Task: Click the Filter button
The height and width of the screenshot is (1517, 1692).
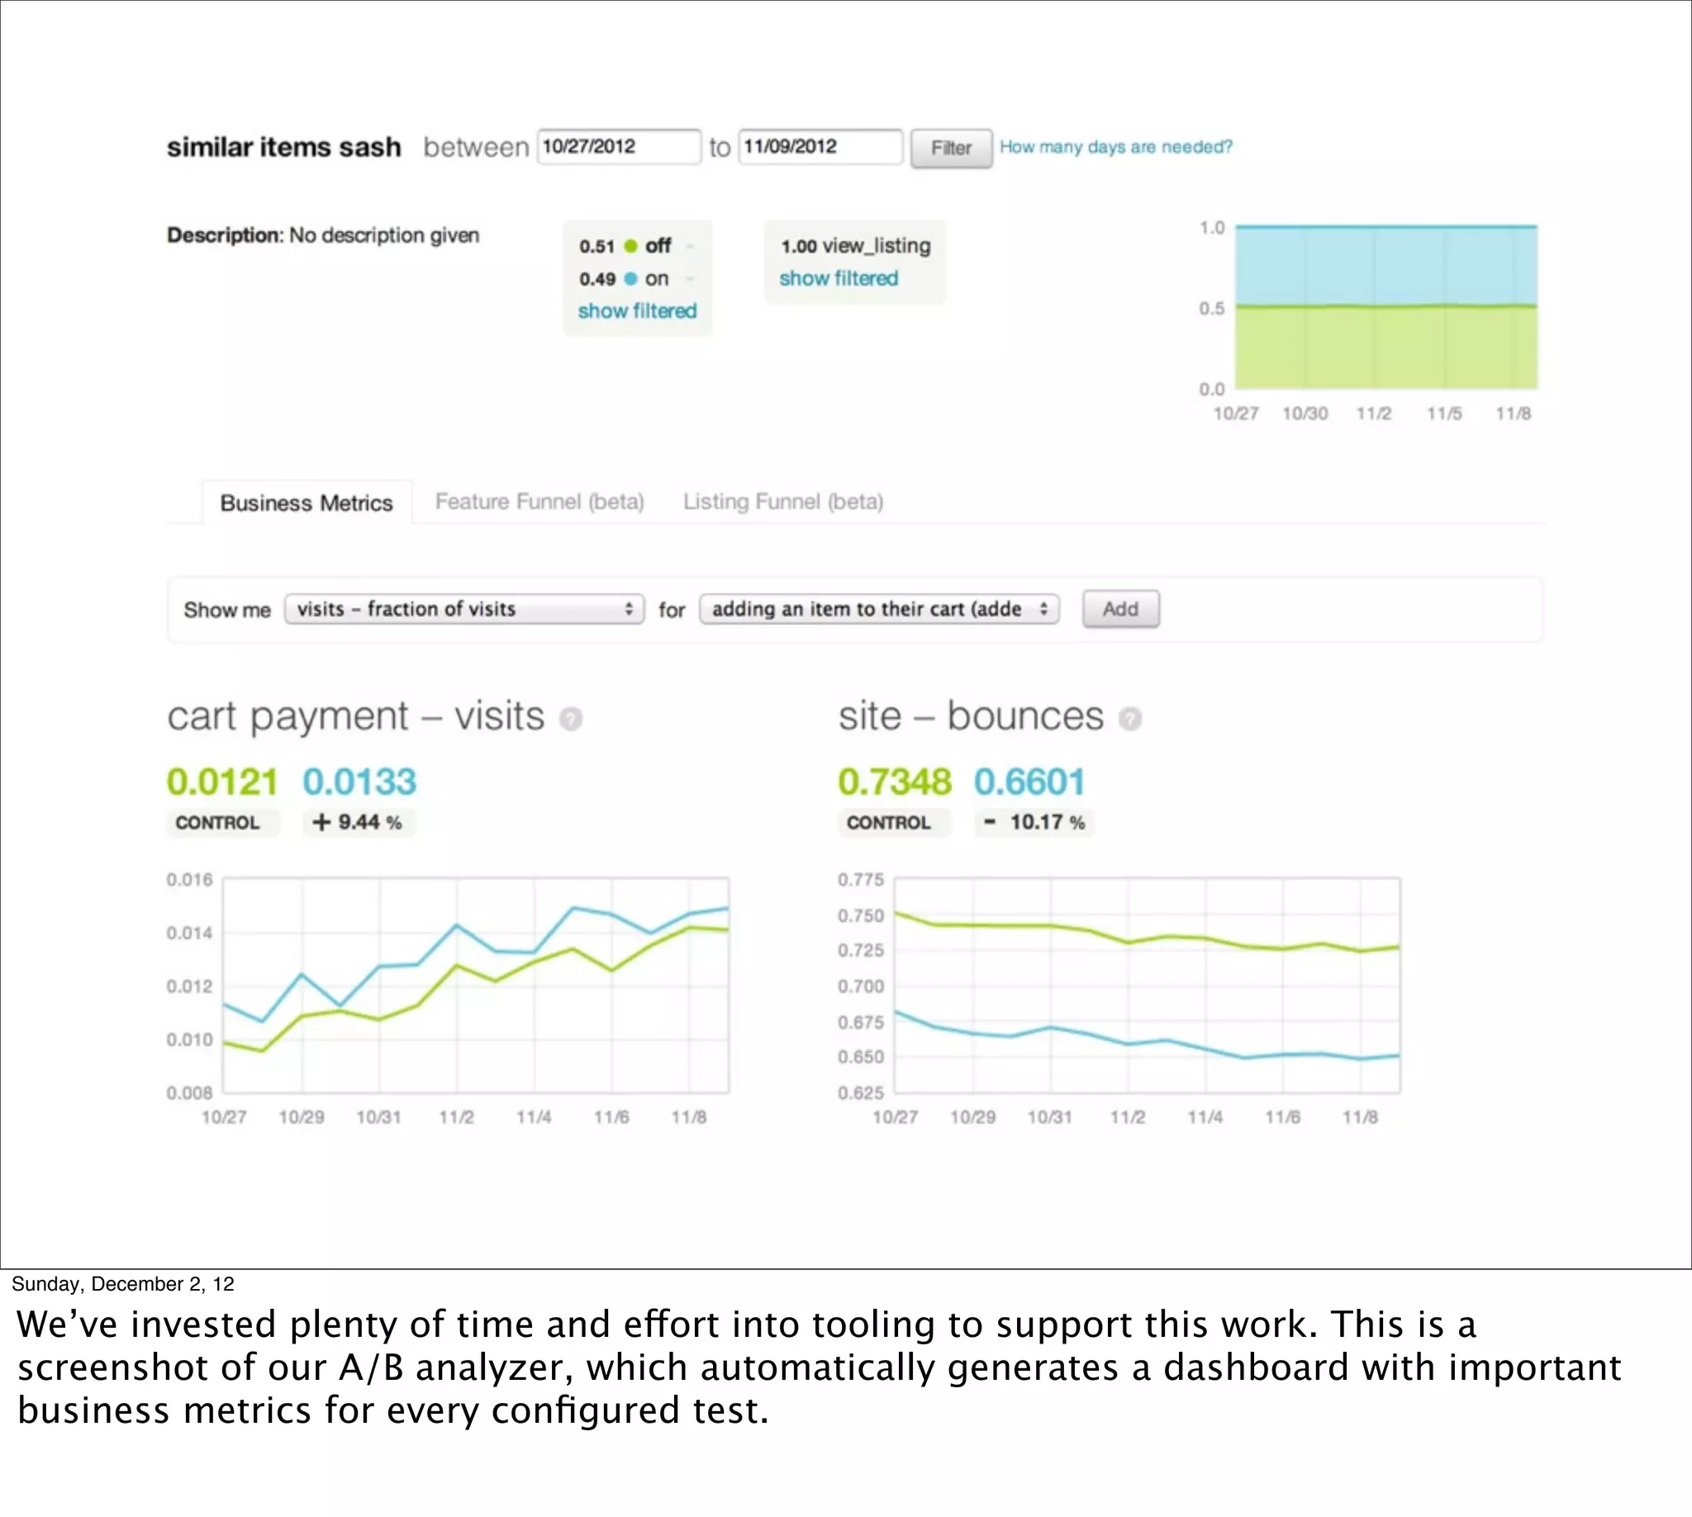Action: pyautogui.click(x=950, y=149)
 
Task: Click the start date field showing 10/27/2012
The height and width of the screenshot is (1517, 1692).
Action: pyautogui.click(x=618, y=147)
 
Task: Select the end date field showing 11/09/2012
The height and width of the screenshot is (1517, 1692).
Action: pyautogui.click(x=820, y=147)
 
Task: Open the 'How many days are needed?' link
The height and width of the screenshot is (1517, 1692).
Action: pyautogui.click(x=1115, y=147)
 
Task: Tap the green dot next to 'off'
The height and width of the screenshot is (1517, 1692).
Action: pyautogui.click(x=630, y=246)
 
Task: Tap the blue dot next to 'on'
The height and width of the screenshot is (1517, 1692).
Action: pyautogui.click(x=630, y=278)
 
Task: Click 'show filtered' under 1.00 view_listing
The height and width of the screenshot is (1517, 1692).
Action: pyautogui.click(x=839, y=278)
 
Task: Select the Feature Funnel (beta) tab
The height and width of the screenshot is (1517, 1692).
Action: pyautogui.click(x=539, y=502)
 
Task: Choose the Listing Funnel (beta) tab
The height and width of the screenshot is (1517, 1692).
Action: pyautogui.click(x=782, y=502)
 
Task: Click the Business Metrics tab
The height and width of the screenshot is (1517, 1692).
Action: pyautogui.click(x=306, y=502)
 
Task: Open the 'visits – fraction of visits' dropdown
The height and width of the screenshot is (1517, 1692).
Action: pyautogui.click(x=464, y=609)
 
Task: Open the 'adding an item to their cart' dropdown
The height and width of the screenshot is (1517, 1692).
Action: pyautogui.click(x=878, y=609)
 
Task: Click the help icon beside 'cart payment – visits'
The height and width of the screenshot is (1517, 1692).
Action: pyautogui.click(x=571, y=719)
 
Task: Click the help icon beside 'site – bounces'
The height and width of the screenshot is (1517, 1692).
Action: pyautogui.click(x=1129, y=719)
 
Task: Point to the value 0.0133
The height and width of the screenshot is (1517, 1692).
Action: pyautogui.click(x=359, y=782)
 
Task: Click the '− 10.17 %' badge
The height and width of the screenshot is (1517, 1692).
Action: pyautogui.click(x=1034, y=823)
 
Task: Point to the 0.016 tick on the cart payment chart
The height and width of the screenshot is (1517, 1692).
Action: pyautogui.click(x=189, y=880)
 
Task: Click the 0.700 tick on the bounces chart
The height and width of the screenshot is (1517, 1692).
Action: pyautogui.click(x=860, y=986)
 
